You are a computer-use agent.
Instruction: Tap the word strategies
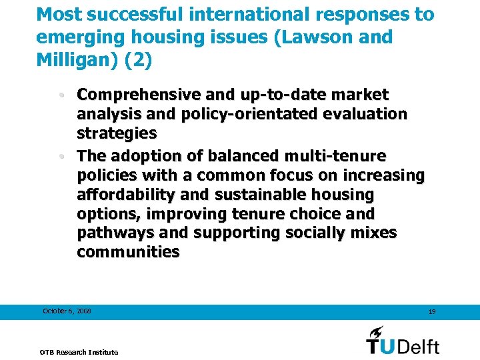click(117, 133)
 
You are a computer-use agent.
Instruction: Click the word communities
click(128, 252)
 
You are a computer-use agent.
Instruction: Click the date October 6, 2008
click(67, 311)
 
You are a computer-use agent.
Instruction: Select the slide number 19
click(431, 312)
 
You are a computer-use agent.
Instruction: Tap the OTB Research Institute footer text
click(79, 351)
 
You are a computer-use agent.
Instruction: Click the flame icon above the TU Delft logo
click(377, 331)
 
